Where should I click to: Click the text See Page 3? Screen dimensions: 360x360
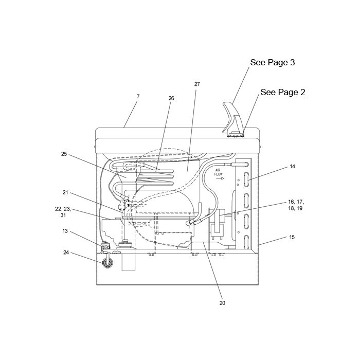[x=272, y=62]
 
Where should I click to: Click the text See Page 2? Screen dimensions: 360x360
[x=283, y=92]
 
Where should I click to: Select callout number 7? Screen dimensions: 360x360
[x=138, y=97]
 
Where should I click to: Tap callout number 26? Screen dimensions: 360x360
[x=171, y=98]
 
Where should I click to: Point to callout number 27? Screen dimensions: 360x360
[x=197, y=84]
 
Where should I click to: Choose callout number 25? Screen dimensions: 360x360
[x=64, y=154]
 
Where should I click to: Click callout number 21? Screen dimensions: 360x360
[x=65, y=192]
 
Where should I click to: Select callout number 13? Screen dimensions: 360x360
[x=65, y=231]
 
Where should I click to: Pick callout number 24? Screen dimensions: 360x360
[x=66, y=253]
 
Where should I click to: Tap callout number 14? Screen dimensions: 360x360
[x=292, y=167]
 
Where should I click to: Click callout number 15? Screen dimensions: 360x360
[x=292, y=237]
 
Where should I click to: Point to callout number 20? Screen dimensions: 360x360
[x=222, y=303]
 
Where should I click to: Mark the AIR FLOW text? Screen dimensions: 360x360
[x=219, y=172]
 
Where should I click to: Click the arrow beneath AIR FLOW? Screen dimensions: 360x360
[x=220, y=178]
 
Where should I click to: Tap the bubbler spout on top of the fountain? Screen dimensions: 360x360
[x=231, y=118]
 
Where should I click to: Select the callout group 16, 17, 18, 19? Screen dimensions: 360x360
[x=296, y=205]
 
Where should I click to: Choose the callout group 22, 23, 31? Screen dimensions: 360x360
[x=63, y=212]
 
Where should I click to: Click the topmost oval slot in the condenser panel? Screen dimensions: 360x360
[x=246, y=179]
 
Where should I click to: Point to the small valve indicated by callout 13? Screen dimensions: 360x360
[x=105, y=246]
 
